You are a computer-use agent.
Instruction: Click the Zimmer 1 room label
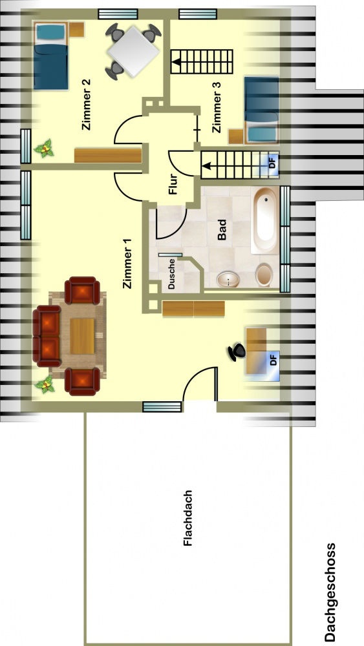(x=128, y=264)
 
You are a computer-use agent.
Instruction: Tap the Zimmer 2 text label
(x=87, y=105)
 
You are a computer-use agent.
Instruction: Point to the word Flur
(x=173, y=185)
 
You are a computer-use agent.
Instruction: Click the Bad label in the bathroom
(x=221, y=229)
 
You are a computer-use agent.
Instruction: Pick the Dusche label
(x=172, y=273)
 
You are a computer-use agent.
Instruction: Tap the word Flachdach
(x=188, y=518)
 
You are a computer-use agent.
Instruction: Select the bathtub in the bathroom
(x=265, y=220)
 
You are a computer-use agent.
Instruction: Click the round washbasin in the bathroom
(x=229, y=280)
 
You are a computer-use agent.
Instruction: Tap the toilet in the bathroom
(x=264, y=275)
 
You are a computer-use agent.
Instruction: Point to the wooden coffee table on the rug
(x=82, y=336)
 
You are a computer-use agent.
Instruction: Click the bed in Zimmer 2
(x=50, y=56)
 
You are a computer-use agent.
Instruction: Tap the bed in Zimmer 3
(x=262, y=110)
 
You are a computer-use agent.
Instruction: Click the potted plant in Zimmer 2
(x=44, y=149)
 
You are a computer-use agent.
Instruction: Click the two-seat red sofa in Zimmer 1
(x=47, y=336)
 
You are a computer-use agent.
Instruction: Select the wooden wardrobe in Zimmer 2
(x=108, y=155)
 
